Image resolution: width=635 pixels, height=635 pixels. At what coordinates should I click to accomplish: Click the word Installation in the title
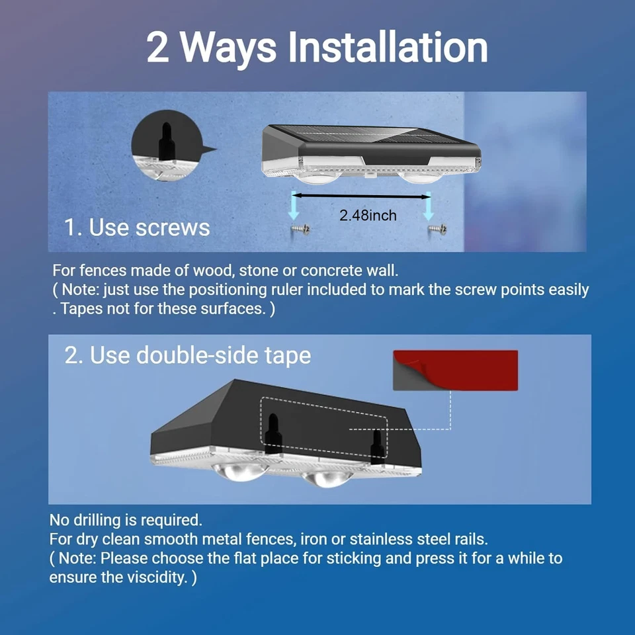coord(388,48)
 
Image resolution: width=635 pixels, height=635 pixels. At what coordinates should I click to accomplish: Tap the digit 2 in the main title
coord(157,48)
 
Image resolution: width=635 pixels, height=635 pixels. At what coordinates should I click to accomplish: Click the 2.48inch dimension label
coord(368,216)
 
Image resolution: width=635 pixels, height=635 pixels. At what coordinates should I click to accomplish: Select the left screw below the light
coord(300,230)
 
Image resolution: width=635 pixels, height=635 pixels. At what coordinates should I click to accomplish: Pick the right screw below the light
coord(437,230)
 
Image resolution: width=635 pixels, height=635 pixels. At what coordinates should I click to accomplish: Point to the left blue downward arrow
coord(294,206)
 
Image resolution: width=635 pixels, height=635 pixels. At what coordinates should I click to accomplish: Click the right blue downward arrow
coord(429,206)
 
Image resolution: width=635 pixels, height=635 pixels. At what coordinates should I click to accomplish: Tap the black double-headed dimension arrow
coord(361,196)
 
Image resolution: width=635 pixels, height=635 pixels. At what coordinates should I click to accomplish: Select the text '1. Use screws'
coord(137,227)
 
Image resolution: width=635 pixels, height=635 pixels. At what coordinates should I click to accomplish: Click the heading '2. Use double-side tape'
coord(187,356)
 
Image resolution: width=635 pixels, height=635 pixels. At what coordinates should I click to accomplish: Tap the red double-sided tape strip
coord(456,370)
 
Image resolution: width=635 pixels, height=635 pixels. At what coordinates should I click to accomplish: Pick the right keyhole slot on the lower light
coord(378,446)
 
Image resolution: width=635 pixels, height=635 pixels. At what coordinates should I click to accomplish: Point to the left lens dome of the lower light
coord(239,472)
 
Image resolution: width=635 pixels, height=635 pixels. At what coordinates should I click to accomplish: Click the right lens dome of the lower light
coord(327,479)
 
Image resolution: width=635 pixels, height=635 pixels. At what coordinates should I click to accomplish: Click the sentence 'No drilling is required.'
coord(126,520)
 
